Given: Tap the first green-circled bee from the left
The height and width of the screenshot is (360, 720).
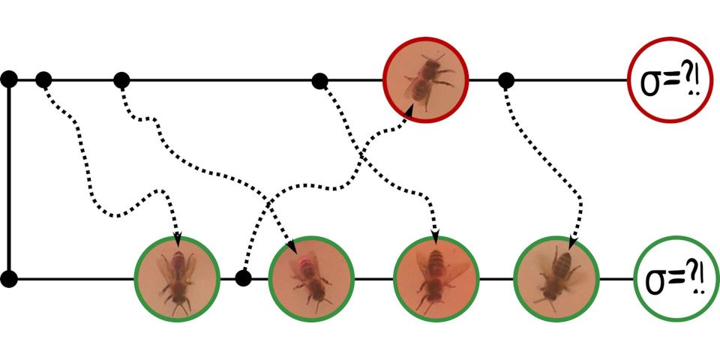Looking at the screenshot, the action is coord(177,279).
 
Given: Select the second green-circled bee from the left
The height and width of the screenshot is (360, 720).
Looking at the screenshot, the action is coord(310,279).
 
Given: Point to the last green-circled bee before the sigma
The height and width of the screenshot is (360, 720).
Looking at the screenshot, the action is coord(556,278).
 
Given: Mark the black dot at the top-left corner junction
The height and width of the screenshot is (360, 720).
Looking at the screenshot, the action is coord(9,79).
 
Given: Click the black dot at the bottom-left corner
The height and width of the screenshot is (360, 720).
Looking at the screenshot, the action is coord(9,279).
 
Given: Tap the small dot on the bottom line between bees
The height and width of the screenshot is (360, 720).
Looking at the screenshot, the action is coord(243,278).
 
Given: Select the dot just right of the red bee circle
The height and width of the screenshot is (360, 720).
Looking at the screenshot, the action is coord(506,81).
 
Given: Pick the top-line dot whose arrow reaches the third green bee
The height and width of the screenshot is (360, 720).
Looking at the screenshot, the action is coord(319,81).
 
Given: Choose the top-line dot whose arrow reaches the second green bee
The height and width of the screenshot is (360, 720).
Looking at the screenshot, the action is coord(121,80).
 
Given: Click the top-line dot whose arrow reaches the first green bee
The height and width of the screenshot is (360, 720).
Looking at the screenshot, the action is coord(43,80).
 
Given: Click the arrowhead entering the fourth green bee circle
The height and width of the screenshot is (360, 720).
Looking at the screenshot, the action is coord(572,242).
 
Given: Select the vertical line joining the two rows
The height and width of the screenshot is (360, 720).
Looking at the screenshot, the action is coord(9,179).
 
